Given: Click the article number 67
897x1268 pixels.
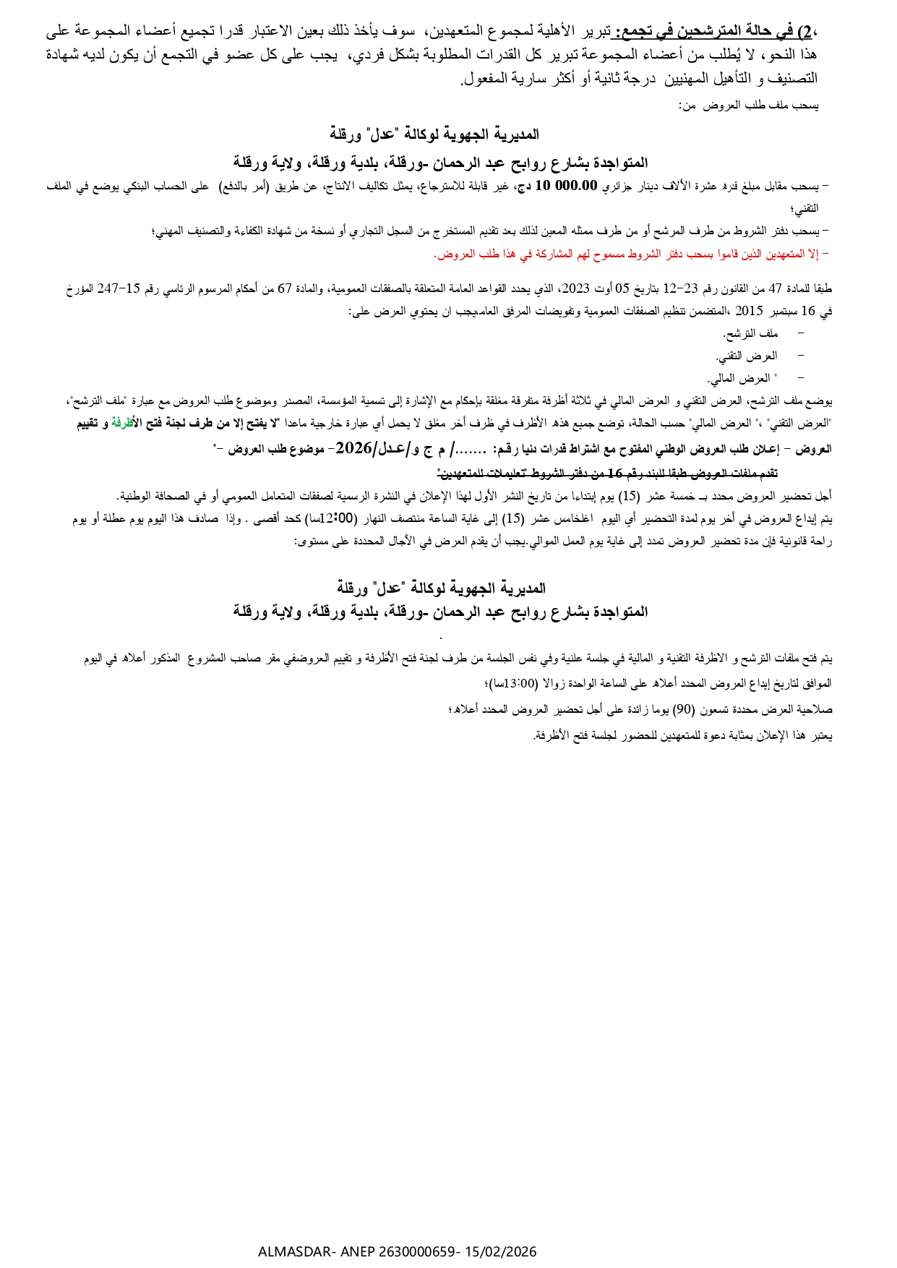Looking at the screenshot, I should click(x=286, y=288).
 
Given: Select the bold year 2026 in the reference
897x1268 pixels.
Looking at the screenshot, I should click(x=353, y=448).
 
